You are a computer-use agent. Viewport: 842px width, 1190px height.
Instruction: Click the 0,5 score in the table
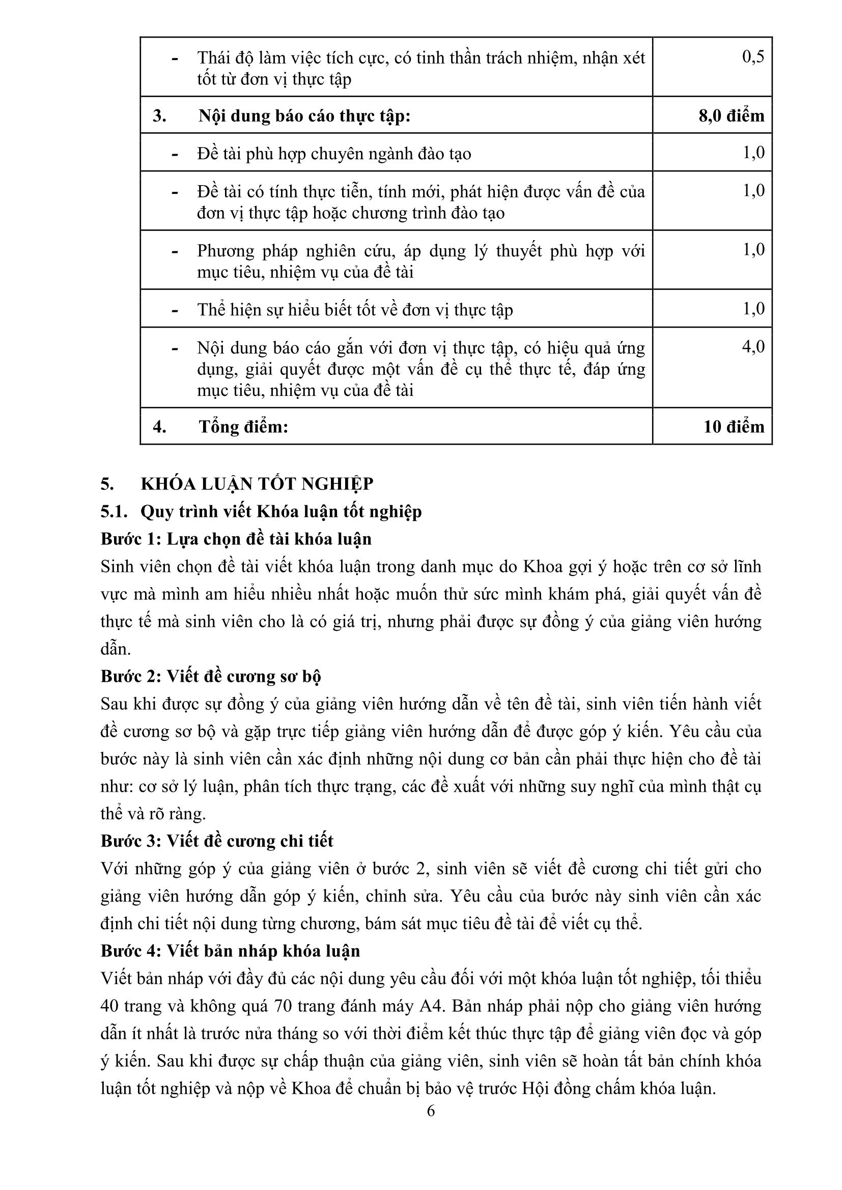753,56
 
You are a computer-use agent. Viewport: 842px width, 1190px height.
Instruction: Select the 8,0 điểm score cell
731,115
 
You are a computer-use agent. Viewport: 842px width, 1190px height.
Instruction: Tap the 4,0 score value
753,347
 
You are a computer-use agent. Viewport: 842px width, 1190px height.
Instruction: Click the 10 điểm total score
734,426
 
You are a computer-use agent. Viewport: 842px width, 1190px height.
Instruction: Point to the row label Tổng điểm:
243,426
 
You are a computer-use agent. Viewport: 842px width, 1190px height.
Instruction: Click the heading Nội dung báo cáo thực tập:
304,115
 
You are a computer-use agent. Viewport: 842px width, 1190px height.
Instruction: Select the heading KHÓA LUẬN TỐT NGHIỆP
257,483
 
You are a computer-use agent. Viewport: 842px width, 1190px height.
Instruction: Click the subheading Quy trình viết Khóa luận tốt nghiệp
281,511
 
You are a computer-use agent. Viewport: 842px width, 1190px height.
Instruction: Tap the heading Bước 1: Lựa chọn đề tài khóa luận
236,539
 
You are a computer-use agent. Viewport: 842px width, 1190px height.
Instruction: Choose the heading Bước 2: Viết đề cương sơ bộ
211,676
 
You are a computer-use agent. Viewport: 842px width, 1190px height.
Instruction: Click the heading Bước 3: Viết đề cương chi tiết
217,840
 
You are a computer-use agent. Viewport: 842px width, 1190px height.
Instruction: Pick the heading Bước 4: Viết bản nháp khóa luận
230,951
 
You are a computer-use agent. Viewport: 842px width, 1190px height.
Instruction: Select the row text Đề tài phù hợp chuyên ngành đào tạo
334,154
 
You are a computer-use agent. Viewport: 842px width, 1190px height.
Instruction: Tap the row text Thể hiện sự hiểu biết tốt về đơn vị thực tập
355,310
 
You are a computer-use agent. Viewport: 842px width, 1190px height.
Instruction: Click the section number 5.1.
114,511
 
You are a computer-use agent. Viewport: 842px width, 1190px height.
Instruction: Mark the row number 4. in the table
159,426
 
